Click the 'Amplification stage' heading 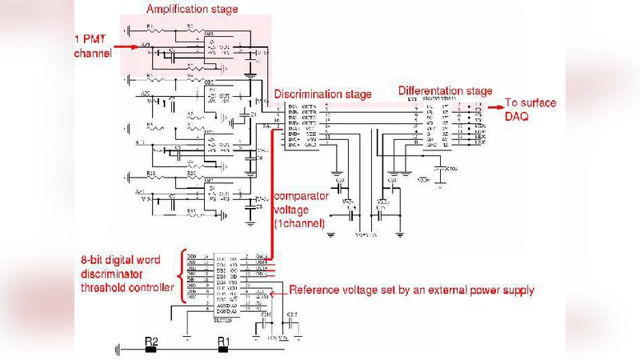coord(192,9)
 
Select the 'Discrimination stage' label coord(324,94)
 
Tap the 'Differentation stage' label coord(445,90)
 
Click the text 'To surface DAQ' coord(530,109)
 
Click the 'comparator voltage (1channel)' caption coord(301,210)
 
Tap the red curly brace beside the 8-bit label coord(182,271)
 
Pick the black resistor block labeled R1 coord(225,349)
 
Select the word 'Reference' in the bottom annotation coord(317,290)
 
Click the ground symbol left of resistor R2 coord(118,349)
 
